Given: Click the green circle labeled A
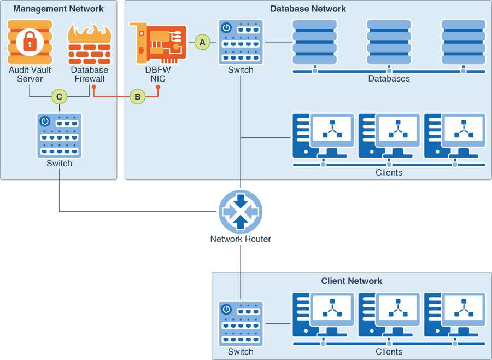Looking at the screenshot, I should tap(203, 42).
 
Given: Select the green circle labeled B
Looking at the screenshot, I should tap(138, 97).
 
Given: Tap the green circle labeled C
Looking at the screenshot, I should tap(59, 97).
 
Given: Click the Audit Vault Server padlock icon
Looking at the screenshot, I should tap(30, 43).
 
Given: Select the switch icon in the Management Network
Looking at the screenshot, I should tap(59, 135).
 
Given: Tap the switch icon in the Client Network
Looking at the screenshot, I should tap(241, 323).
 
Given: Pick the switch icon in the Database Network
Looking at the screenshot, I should tap(241, 42).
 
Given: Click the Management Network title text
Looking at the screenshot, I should tap(58, 9).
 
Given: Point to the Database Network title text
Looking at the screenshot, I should tap(308, 9).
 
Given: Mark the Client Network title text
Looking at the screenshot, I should tap(352, 281).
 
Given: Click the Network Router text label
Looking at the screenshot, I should tap(241, 239).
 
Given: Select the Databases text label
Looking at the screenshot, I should tap(389, 79).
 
